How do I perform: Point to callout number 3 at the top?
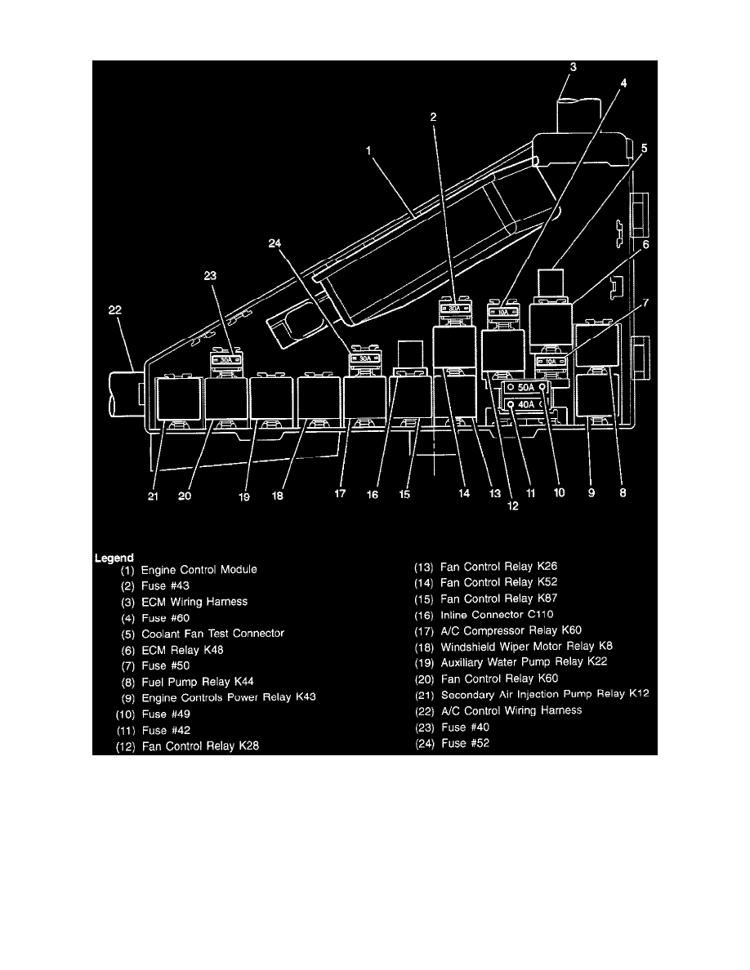(573, 69)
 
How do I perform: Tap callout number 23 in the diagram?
(210, 277)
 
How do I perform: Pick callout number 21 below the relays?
(153, 494)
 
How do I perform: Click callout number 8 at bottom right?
(623, 492)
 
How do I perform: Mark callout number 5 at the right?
(644, 149)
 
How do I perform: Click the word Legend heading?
(114, 558)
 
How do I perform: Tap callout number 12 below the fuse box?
(512, 505)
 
